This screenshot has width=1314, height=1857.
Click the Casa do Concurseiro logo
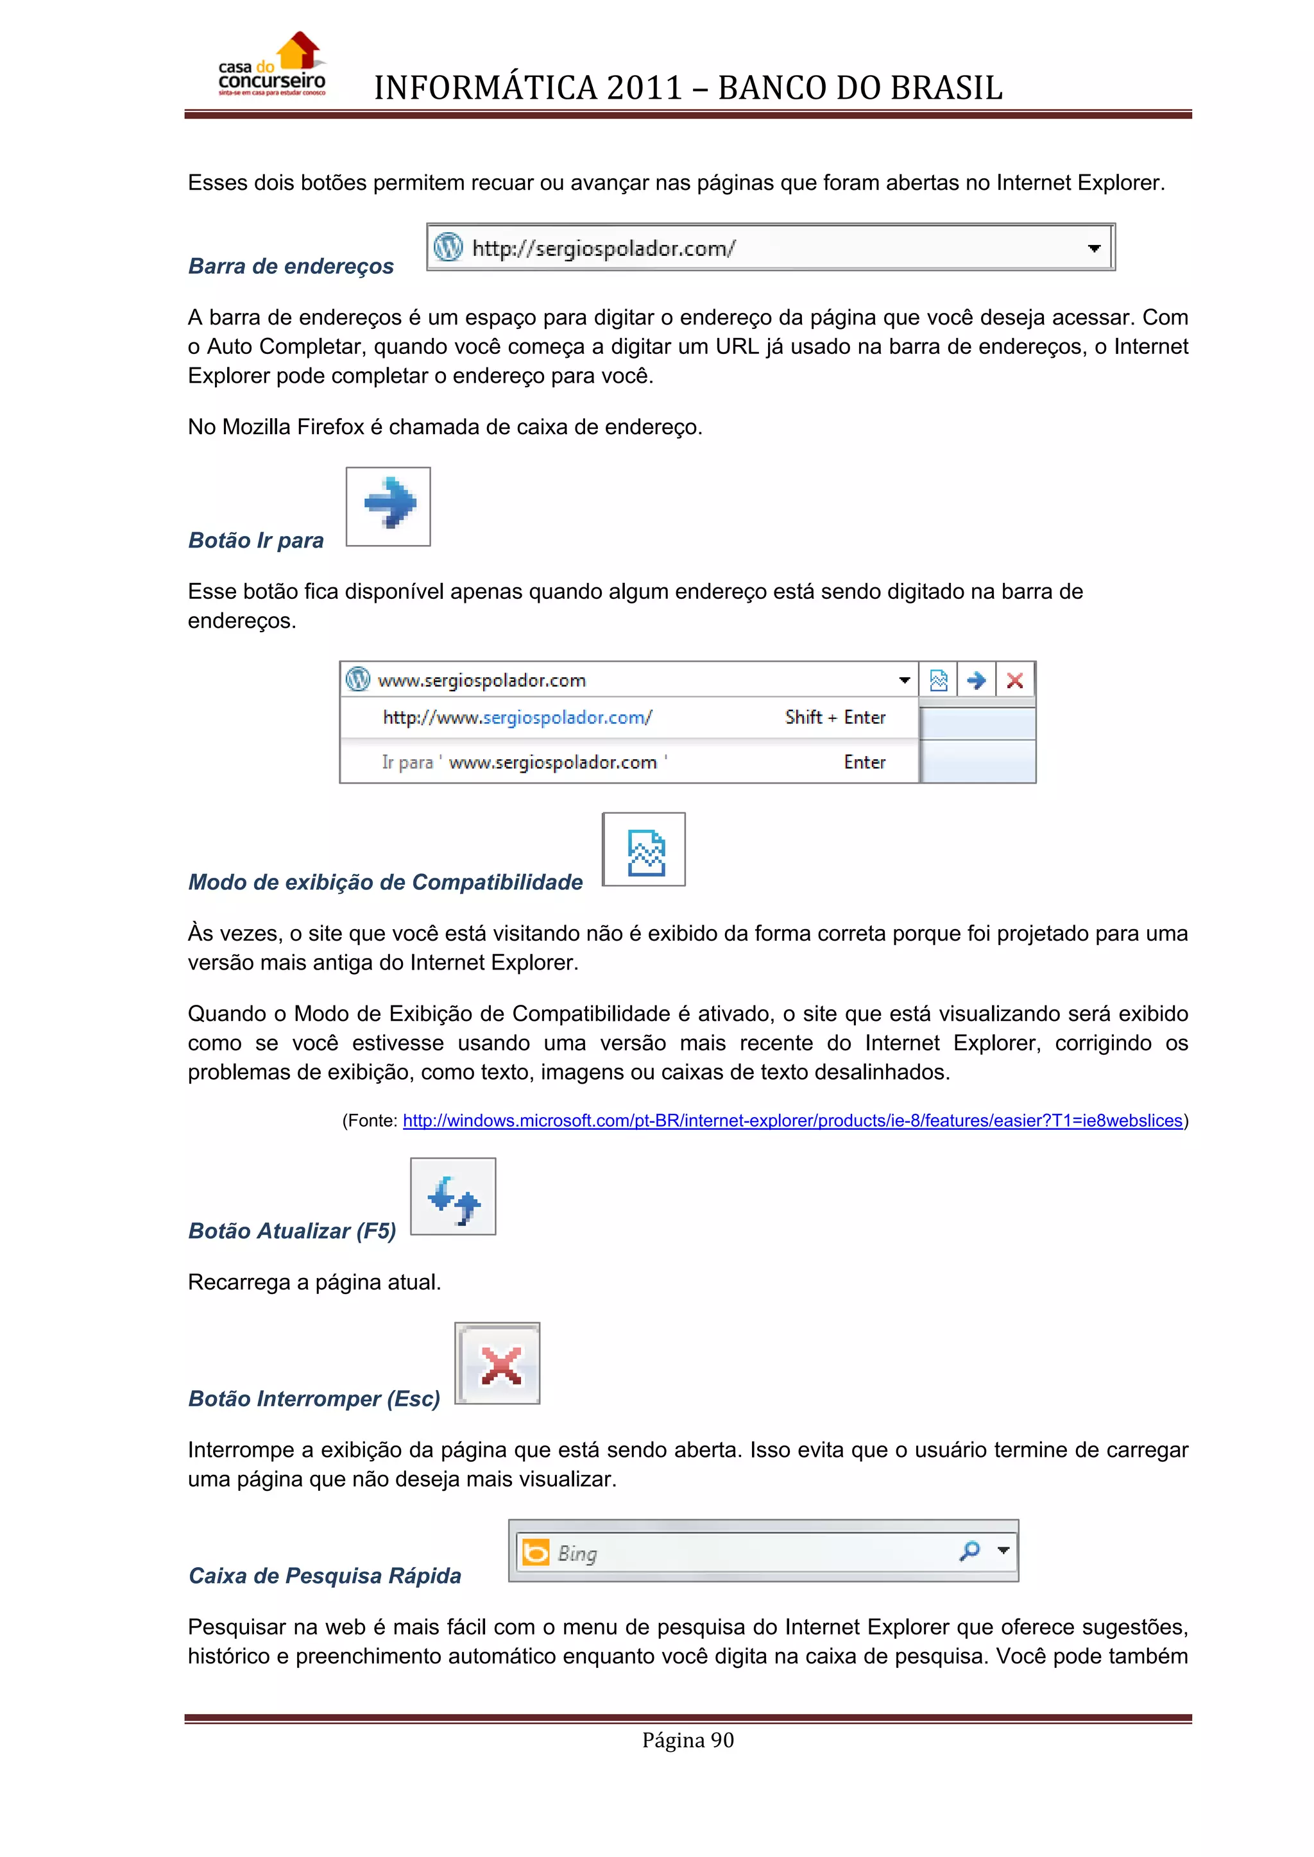272,65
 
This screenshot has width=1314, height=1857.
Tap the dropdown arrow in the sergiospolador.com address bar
1094,248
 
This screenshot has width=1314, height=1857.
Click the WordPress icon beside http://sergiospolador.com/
448,247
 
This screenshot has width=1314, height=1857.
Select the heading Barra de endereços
291,266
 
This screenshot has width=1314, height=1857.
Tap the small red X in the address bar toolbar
1014,680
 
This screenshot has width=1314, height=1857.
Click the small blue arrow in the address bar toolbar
976,680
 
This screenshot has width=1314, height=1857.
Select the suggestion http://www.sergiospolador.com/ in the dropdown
517,718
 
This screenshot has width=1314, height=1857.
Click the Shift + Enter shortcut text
835,718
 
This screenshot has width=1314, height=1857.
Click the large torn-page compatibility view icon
645,851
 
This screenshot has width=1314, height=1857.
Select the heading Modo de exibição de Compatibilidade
385,882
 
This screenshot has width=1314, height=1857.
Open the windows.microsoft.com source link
792,1120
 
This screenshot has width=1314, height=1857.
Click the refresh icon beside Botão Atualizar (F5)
453,1197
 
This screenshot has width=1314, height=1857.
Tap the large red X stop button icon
499,1365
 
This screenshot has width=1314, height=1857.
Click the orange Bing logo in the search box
536,1552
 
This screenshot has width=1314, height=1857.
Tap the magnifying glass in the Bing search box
969,1550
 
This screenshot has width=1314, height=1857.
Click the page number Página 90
688,1740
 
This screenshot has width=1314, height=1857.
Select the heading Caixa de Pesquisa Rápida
325,1576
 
